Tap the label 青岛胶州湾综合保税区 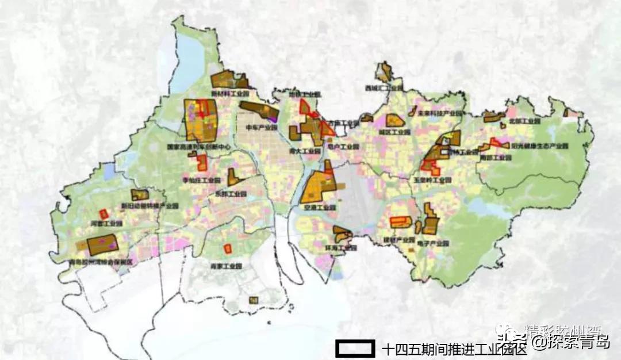100,262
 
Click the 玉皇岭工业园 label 432,179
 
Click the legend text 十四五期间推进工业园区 454,348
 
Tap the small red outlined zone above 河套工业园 104,213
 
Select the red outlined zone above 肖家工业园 228,248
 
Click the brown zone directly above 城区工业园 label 394,120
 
